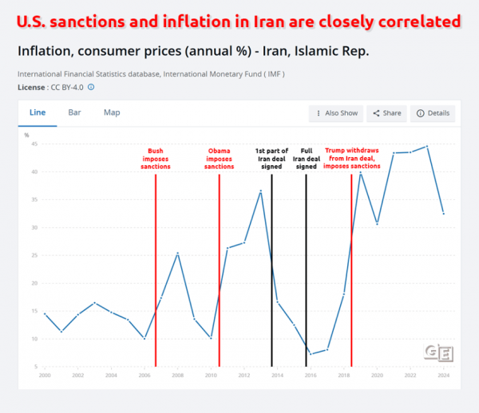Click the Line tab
pos(37,112)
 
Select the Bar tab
pos(74,112)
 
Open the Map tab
pos(112,112)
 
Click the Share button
pos(386,113)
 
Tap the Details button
pos(433,113)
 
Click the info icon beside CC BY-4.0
pos(91,87)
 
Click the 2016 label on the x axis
pos(311,375)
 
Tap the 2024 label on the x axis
pos(444,375)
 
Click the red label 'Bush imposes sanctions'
pos(156,159)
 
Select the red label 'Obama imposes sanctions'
pos(219,159)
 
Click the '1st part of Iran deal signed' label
pos(271,159)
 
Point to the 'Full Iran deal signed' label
pos(307,159)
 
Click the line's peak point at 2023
pos(427,147)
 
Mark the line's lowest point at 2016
pos(311,354)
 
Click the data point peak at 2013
pos(260,191)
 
